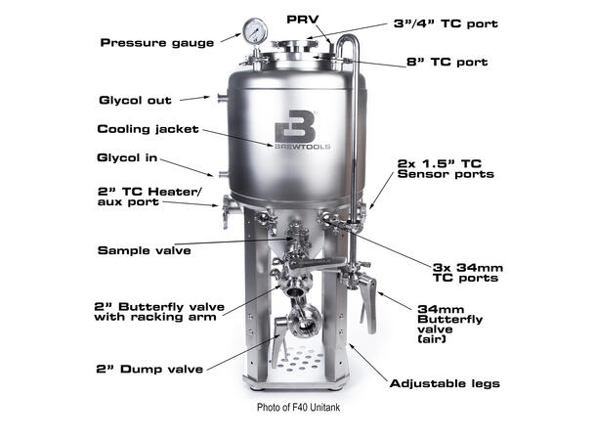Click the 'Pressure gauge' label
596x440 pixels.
157,42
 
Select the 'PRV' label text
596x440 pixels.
301,19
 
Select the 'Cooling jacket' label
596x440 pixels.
149,128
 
